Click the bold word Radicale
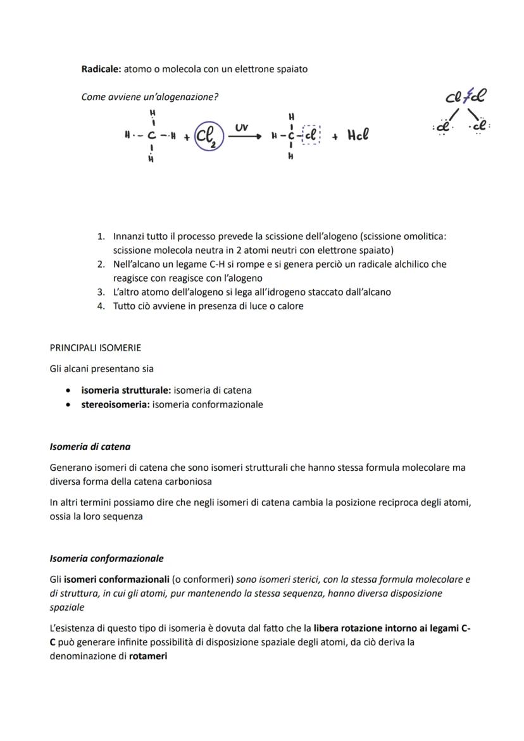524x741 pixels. pos(101,69)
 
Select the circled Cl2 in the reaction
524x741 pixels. pos(208,135)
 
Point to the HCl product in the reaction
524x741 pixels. pos(358,135)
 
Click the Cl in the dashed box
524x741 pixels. pos(312,135)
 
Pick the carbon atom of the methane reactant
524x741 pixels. pos(153,135)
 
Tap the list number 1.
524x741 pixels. pos(101,236)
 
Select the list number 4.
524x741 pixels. pos(101,306)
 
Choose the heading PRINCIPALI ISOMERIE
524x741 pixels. pos(96,348)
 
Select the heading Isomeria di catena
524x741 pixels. pos(90,447)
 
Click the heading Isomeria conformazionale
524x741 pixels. pos(106,559)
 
